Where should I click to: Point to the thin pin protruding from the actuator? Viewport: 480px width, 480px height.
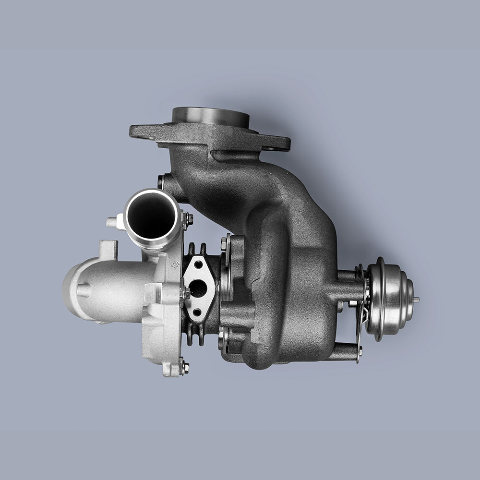(416, 300)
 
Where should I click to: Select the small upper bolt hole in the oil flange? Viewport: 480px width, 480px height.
(198, 264)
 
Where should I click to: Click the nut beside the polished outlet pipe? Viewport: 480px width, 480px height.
(188, 220)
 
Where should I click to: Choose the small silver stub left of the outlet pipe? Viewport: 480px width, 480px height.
(111, 222)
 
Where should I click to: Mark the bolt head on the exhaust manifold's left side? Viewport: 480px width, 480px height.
(161, 182)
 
